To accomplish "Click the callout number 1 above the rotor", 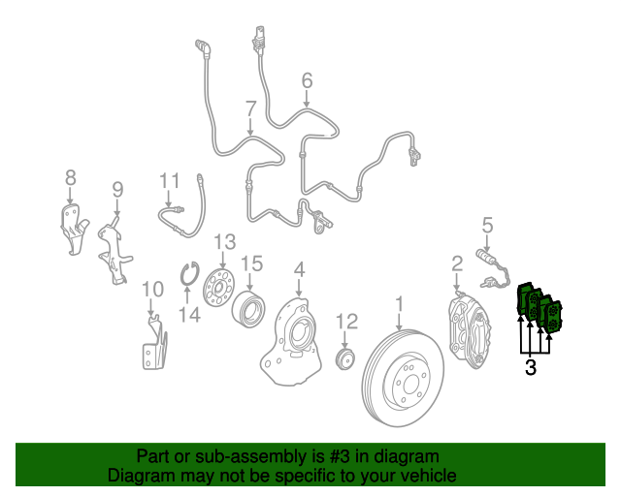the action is pos(400,305).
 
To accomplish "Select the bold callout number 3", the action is pos(531,368).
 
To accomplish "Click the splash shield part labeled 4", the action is pos(292,341).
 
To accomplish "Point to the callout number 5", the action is pos(487,226).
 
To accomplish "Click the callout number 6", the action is pos(307,81).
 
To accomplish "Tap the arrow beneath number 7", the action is pos(250,127).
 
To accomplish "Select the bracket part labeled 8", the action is pos(74,229).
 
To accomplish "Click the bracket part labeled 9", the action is pos(114,250).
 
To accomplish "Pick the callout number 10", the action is pos(153,290).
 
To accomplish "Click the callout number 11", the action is pos(170,181).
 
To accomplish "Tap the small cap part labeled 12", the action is pos(345,358).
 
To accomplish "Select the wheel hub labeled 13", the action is pos(218,288).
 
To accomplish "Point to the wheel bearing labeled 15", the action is pos(248,309).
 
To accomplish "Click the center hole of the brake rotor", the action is pos(410,384).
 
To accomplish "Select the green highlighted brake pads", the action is pos(539,307).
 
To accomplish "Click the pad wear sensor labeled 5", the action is pos(493,267).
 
